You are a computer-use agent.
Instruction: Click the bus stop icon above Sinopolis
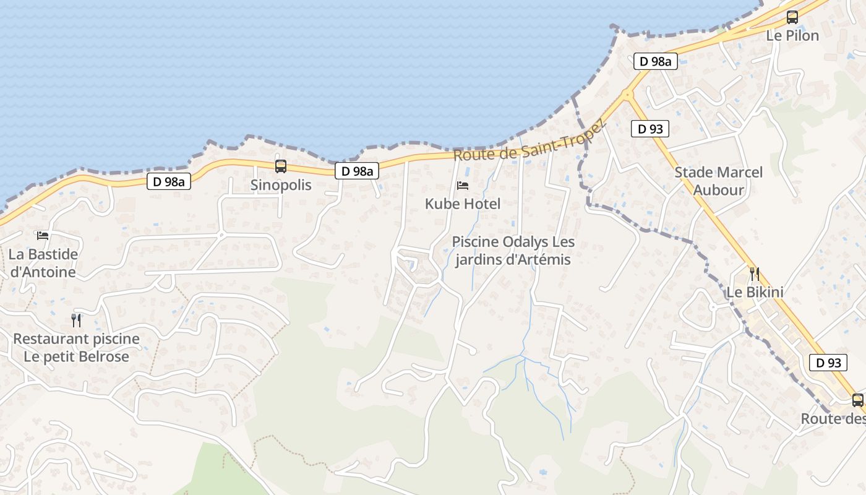point(280,166)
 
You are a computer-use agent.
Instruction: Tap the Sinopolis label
point(281,185)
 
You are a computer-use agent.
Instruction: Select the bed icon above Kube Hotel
point(462,186)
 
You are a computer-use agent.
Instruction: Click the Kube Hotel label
point(463,204)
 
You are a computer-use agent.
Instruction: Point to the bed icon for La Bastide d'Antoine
point(43,236)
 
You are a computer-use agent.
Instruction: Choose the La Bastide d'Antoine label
point(43,263)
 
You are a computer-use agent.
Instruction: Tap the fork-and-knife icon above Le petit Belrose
point(76,320)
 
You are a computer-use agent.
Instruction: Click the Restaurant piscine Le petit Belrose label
point(77,348)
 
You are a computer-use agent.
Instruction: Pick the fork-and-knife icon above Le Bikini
point(754,273)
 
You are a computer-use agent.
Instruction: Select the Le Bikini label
point(755,292)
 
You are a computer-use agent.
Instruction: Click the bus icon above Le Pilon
point(792,17)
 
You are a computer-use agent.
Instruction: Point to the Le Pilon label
point(792,36)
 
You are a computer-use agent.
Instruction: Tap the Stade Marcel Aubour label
point(719,181)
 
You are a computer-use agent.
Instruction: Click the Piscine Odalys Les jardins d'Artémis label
point(513,251)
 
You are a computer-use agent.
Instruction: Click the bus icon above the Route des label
point(857,400)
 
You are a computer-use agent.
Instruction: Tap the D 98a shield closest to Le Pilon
point(655,61)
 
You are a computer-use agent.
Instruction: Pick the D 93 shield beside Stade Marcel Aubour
point(650,129)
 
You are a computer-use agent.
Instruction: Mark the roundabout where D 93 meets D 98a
point(627,95)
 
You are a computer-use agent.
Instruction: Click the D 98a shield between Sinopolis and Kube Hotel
point(357,171)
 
